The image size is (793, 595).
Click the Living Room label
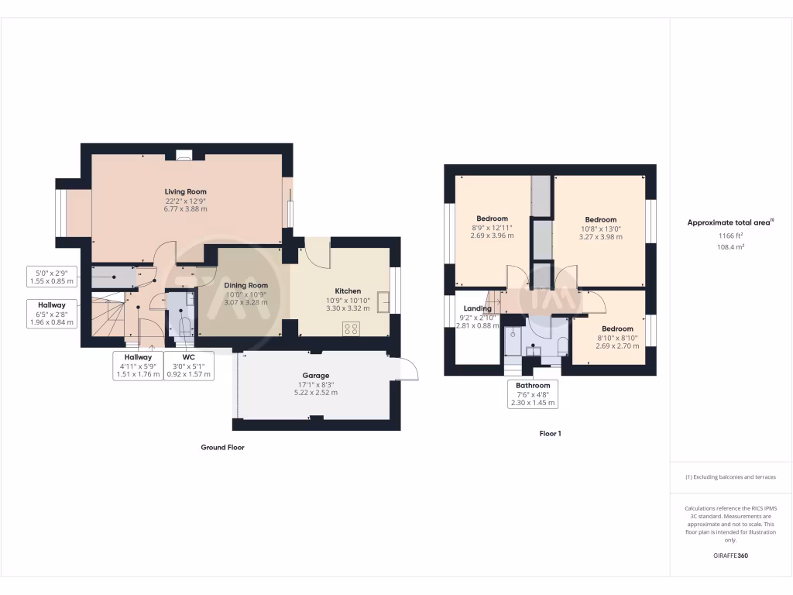point(185,191)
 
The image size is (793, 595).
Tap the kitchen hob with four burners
point(350,327)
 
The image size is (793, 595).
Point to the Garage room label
point(315,375)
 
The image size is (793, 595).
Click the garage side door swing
point(407,370)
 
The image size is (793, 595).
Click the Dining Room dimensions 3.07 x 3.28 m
point(245,302)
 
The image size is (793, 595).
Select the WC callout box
point(188,366)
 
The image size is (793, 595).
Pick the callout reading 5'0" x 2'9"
point(52,277)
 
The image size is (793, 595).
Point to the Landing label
point(477,308)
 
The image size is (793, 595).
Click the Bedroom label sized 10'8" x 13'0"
point(600,219)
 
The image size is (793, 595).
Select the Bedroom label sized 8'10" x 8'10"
point(617,328)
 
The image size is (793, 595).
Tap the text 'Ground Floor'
point(222,447)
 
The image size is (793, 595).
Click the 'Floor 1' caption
point(550,434)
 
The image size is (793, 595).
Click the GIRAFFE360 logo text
point(730,555)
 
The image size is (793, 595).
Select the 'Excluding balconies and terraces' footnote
point(730,477)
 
